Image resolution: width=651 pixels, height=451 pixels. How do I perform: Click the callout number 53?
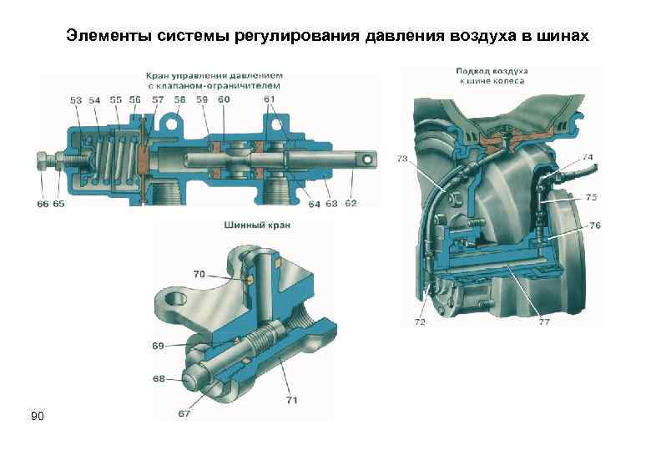click(76, 100)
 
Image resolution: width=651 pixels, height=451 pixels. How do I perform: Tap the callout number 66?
click(42, 204)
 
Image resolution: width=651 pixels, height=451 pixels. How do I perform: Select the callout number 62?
click(351, 203)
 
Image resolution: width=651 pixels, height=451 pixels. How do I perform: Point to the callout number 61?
click(269, 100)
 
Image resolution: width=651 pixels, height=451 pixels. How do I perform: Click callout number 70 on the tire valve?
click(199, 274)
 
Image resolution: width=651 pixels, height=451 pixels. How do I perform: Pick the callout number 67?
click(184, 413)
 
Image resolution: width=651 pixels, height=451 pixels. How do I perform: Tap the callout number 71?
click(291, 400)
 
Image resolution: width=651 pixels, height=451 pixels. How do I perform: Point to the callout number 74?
click(588, 157)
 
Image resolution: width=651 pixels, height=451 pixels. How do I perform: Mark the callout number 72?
click(420, 321)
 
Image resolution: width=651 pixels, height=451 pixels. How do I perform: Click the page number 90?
click(37, 416)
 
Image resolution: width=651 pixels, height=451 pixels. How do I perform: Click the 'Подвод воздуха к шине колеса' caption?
click(490, 74)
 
